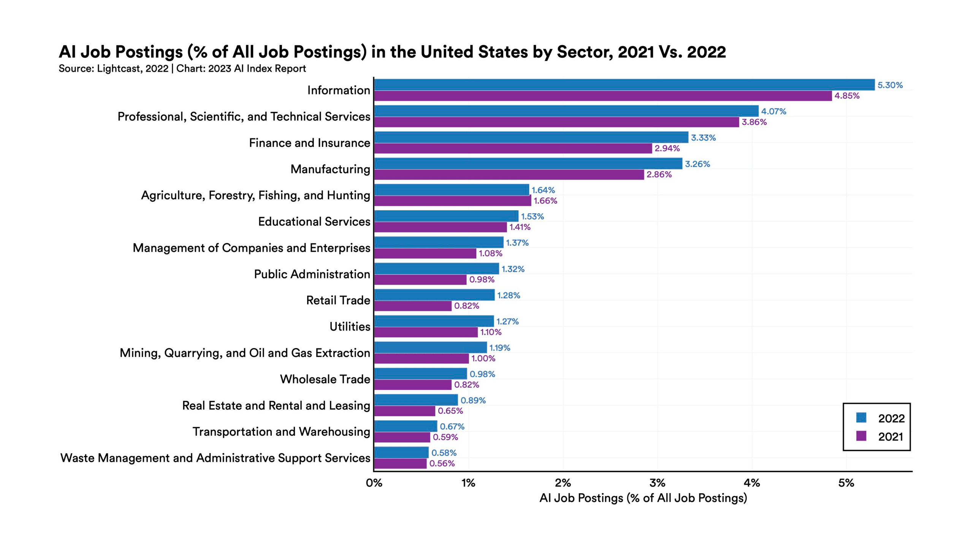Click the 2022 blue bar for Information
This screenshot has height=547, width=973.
623,84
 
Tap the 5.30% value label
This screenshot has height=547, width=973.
889,85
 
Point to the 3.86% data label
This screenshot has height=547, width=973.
754,122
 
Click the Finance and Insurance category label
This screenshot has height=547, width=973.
309,143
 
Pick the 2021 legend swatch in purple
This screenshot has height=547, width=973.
861,436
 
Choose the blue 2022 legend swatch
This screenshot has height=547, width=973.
861,418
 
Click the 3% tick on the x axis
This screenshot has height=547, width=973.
657,483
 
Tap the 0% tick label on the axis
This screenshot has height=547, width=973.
374,483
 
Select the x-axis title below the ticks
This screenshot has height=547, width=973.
643,498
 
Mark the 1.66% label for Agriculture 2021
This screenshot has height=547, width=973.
545,201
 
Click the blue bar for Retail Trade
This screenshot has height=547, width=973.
434,295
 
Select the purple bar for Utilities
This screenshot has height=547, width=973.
426,332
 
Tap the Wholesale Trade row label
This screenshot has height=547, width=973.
325,379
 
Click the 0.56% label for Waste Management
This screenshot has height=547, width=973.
442,463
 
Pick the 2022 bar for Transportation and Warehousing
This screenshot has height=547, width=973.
406,426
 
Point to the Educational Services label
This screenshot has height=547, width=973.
314,221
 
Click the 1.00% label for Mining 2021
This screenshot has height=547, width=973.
483,358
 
